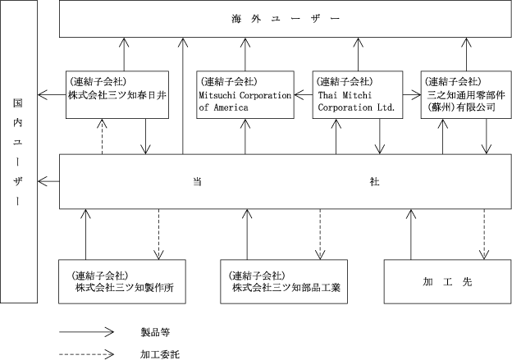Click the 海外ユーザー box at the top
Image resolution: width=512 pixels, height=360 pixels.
[285, 19]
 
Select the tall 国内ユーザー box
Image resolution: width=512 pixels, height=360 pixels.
[19, 152]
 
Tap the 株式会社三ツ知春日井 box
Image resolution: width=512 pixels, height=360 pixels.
[117, 94]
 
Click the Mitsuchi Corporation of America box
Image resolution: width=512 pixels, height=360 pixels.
[245, 94]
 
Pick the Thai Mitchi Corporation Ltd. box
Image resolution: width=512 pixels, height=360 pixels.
[358, 94]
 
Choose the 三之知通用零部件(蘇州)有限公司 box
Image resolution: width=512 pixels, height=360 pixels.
[466, 94]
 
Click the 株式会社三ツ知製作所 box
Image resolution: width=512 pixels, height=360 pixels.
[122, 281]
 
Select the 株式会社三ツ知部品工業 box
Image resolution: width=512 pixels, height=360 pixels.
[284, 281]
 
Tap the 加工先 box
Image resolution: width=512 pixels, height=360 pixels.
[447, 281]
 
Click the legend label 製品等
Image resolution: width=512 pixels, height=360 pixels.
[155, 332]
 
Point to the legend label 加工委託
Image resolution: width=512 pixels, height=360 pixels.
[160, 354]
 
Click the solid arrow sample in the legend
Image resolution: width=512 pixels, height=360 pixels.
[86, 332]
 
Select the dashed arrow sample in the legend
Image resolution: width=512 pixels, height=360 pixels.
[86, 354]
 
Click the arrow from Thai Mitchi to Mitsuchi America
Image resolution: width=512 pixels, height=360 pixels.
[304, 95]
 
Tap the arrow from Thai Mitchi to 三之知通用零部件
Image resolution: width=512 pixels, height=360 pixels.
[412, 95]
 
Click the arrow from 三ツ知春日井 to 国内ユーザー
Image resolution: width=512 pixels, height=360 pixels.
[52, 95]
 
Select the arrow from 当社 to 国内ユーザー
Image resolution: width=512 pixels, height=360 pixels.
[48, 181]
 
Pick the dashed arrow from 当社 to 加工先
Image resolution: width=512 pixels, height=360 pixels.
[484, 235]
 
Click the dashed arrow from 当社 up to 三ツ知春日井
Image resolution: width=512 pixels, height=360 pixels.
[103, 136]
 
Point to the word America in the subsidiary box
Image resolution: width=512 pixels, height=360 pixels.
[231, 107]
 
